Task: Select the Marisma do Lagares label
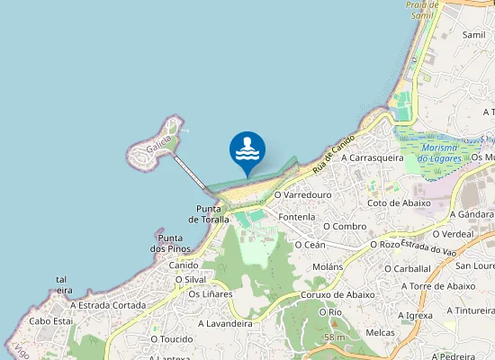pos(440,153)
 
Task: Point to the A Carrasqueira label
pos(372,157)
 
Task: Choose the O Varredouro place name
pos(303,193)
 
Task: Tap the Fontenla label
pos(297,217)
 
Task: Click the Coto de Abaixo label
pos(399,203)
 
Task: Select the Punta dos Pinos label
pos(172,243)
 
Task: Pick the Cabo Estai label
pos(50,320)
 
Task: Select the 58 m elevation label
pos(334,337)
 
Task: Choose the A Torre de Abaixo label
pos(436,285)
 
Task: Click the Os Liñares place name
pos(210,293)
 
